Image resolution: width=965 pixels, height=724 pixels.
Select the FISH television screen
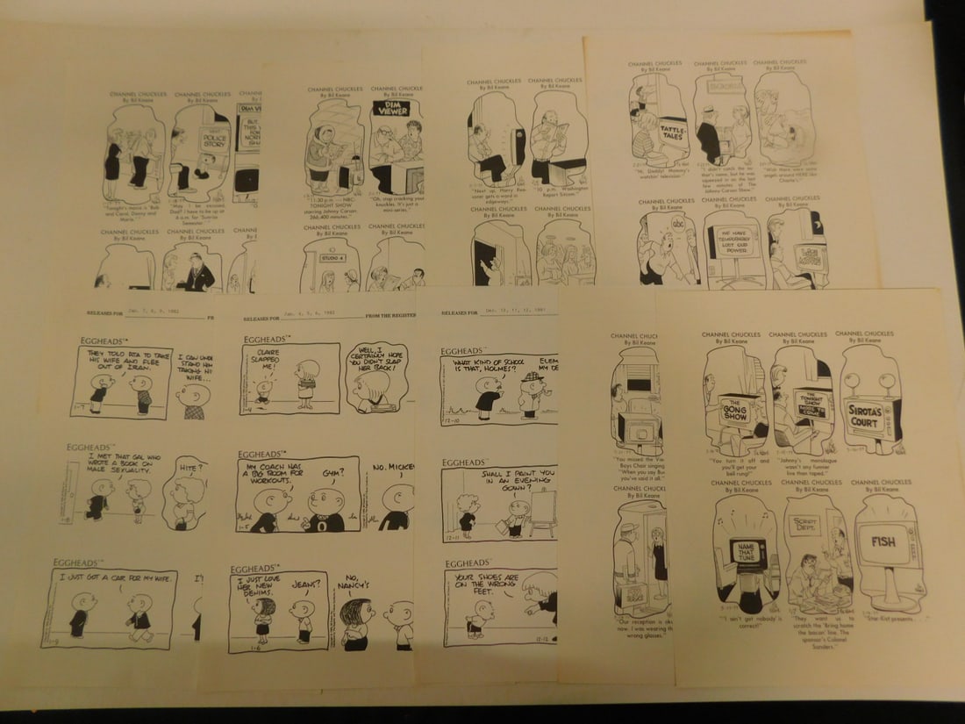click(x=883, y=541)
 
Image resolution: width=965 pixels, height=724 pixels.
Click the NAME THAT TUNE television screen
click(x=748, y=553)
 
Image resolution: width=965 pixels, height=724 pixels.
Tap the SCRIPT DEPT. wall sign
click(x=804, y=526)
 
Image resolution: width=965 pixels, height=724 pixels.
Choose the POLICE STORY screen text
click(x=213, y=140)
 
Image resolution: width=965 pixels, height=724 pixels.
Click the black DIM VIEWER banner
click(x=391, y=108)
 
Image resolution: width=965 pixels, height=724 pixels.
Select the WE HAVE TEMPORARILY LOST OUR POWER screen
click(x=735, y=240)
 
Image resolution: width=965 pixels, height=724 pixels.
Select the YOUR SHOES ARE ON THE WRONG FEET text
click(x=487, y=582)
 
